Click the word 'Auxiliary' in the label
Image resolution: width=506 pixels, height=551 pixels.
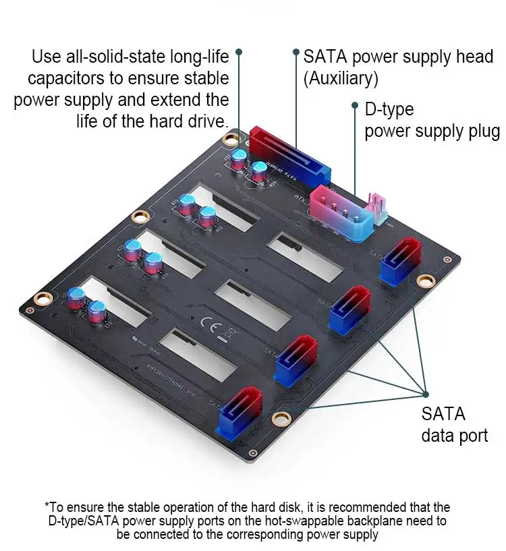click(340, 78)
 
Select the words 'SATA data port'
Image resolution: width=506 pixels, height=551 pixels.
click(454, 424)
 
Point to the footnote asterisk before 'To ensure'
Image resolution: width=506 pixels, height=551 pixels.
click(47, 505)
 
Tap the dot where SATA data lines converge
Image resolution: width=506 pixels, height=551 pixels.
click(426, 393)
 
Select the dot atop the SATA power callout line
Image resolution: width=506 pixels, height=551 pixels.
click(296, 51)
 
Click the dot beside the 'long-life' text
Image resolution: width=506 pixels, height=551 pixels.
click(238, 51)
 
